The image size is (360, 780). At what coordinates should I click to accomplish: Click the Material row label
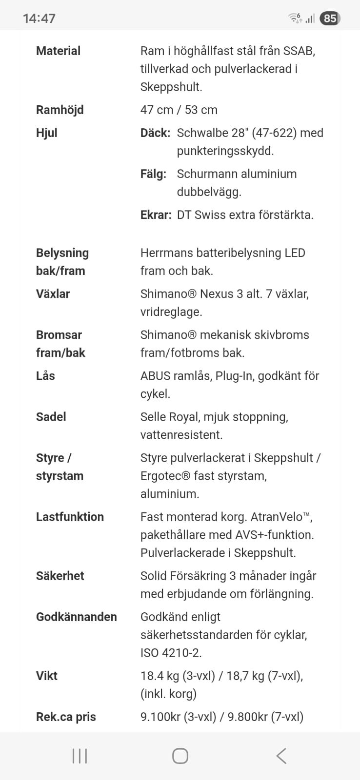58,51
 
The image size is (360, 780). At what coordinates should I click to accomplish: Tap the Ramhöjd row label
60,110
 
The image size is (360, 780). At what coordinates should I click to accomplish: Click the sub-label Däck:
155,133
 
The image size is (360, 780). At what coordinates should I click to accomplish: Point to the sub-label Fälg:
153,174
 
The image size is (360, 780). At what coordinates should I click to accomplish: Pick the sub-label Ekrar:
156,214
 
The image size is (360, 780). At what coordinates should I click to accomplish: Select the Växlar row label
53,293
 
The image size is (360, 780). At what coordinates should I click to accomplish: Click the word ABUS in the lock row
155,375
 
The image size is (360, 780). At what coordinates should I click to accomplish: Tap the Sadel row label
51,416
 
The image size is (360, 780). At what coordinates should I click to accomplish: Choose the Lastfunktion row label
70,517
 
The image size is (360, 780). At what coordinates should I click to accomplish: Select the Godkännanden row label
77,617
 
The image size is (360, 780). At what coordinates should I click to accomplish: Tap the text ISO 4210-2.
171,652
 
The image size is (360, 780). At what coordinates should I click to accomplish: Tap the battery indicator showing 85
330,19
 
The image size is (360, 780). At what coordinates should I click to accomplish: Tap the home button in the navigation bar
180,756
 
